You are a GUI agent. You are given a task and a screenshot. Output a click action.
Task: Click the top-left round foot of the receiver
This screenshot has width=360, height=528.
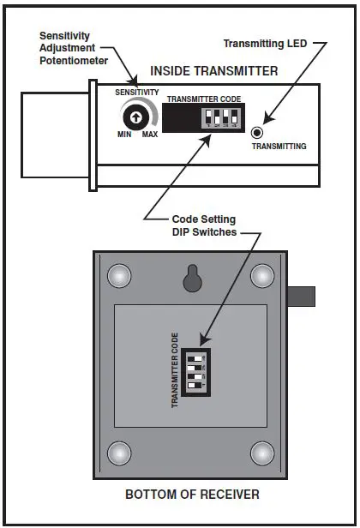[119, 275]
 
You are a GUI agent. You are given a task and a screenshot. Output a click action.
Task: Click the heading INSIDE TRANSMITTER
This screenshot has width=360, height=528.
[213, 71]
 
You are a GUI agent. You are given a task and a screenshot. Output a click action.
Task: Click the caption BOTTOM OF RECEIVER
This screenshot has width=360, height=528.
[192, 495]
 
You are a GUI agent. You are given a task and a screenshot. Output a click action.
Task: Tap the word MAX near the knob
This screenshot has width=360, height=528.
[149, 136]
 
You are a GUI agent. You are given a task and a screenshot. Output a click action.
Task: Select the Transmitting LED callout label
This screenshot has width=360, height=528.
[264, 43]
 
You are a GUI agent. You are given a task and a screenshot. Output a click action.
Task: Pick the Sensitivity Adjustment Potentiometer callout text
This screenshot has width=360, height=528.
[75, 48]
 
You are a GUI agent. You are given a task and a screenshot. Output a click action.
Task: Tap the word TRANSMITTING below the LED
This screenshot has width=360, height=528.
[278, 146]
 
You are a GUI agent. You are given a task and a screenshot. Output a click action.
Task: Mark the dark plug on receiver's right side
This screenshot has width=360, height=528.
[303, 297]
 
